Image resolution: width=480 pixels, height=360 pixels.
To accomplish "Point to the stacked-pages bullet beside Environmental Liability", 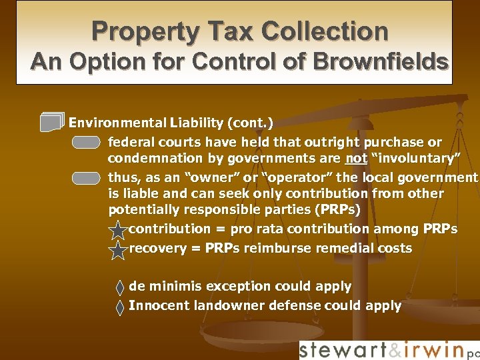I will (x=52, y=122).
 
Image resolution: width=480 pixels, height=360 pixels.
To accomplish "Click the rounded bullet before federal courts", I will (x=87, y=142).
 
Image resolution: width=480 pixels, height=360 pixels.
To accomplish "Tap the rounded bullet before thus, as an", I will (x=87, y=178).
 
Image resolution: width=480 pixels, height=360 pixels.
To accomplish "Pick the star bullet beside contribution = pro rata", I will (x=117, y=231).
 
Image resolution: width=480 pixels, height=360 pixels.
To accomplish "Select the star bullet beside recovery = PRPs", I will (x=117, y=250).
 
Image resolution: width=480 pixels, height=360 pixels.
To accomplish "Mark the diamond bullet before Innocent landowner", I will (x=119, y=307).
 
